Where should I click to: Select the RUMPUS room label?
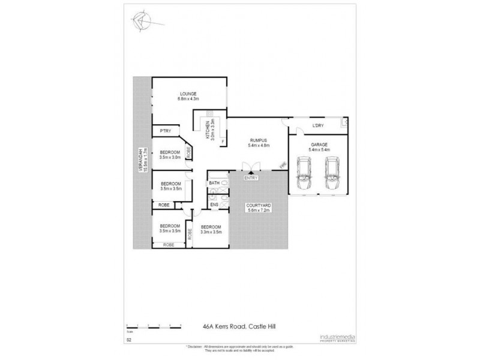tap(259, 140)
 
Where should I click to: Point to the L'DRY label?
tap(319, 126)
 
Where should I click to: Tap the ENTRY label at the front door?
tap(251, 178)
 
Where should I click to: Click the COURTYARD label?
tap(259, 206)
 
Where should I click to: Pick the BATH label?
tap(214, 182)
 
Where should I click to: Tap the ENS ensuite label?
tap(214, 205)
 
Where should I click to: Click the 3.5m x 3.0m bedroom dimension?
tap(171, 158)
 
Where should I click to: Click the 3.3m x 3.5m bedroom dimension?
tap(211, 232)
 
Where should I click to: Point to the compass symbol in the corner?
tap(142, 21)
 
